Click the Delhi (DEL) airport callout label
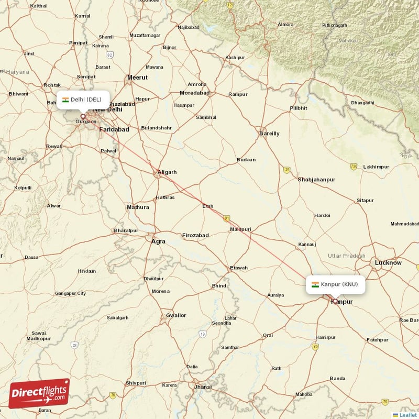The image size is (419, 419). click(83, 100)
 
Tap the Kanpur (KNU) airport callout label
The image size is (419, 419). click(336, 284)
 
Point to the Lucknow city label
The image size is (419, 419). click(388, 262)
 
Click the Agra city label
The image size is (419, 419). click(158, 241)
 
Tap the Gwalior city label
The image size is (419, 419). click(175, 315)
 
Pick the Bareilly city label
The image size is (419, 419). click(269, 134)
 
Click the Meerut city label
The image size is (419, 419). click(137, 78)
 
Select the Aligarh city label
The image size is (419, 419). click(167, 172)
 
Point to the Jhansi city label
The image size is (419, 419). click(203, 387)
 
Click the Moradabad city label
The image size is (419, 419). click(194, 93)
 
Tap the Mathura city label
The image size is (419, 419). click(138, 207)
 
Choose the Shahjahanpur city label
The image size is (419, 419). click(316, 180)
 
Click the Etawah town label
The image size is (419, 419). click(239, 268)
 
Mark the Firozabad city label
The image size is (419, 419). click(195, 236)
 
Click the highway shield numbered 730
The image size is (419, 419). click(354, 167)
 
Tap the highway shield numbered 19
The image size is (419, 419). click(203, 334)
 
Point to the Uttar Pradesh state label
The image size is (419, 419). click(346, 255)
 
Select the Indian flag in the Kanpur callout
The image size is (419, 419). click(315, 284)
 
